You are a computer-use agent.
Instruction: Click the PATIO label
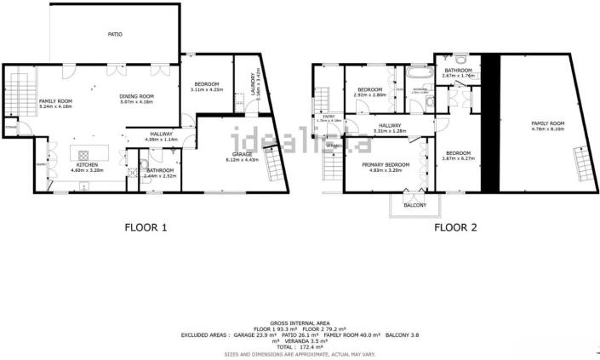coord(115,35)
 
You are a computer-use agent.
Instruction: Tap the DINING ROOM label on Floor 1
coord(136,96)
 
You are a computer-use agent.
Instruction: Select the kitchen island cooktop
coord(83,155)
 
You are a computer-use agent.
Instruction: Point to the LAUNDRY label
coord(253,84)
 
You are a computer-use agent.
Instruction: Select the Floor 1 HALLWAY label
coord(162,134)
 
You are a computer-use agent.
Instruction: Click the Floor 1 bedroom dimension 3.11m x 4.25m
coord(208,89)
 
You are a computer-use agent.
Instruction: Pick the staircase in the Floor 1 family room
coord(17,89)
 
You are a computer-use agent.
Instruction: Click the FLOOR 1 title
coord(146,227)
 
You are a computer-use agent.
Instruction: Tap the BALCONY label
coord(414,205)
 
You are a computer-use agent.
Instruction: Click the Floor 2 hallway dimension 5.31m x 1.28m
coord(391,132)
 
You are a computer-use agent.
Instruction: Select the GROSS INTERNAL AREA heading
coord(299,323)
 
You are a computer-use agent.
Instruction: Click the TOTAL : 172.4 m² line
coord(299,347)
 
